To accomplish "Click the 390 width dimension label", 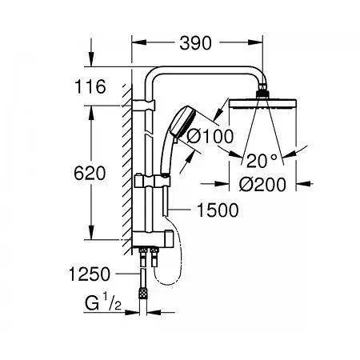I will pos(196,44).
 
